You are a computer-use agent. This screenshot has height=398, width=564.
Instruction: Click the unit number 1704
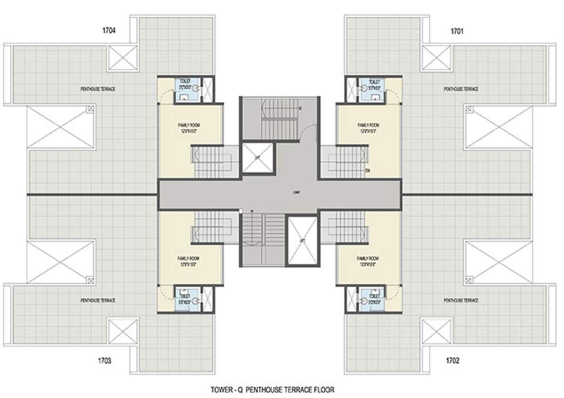click(109, 31)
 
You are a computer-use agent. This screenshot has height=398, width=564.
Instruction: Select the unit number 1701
click(457, 31)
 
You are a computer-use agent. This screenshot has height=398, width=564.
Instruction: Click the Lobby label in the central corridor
click(282, 192)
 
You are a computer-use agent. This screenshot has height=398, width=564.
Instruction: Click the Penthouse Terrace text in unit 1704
click(98, 89)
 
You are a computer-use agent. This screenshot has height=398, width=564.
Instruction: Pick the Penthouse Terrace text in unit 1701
click(461, 89)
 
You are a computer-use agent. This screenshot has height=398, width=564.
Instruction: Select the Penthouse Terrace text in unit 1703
click(98, 300)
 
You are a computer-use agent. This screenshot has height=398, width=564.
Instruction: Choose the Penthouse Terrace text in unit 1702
click(461, 300)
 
